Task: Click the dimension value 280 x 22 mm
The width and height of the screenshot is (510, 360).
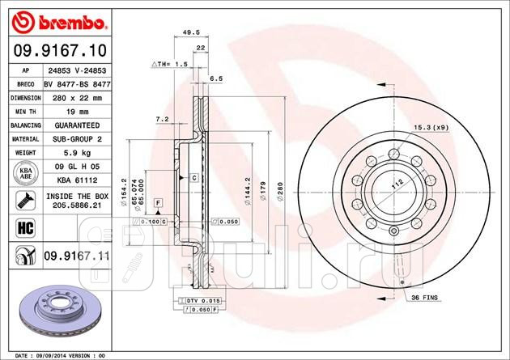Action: tap(77, 97)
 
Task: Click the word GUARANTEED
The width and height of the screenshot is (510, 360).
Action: tap(77, 125)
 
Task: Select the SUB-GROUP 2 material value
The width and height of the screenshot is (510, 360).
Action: tap(77, 139)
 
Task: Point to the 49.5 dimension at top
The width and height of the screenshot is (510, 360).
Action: tap(191, 33)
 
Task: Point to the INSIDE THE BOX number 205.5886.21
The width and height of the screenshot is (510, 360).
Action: tap(77, 206)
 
